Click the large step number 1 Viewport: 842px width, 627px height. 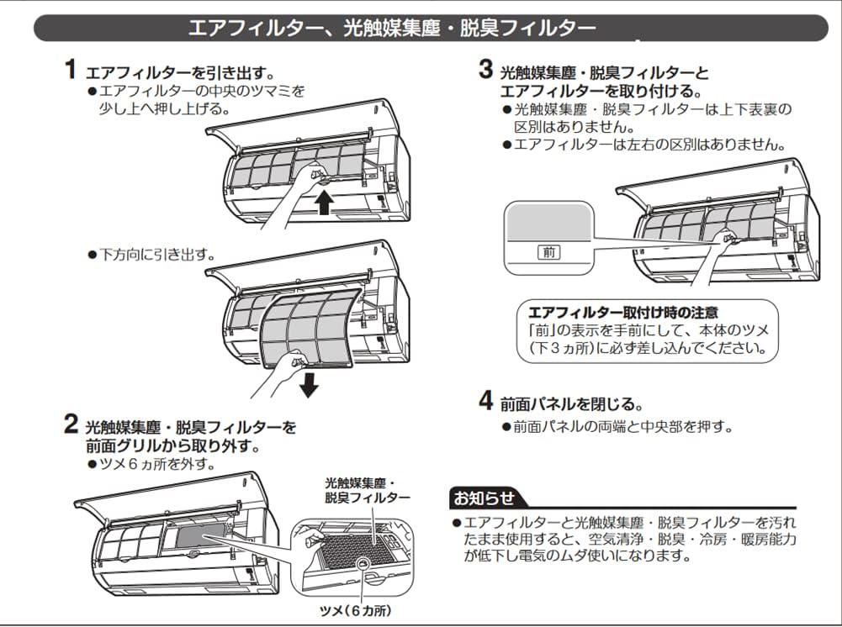(71, 69)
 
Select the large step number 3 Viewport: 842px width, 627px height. (486, 69)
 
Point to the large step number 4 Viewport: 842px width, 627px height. (486, 401)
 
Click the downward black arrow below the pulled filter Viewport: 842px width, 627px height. (309, 384)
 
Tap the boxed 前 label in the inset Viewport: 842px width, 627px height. (548, 251)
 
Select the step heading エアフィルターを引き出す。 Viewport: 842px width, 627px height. (181, 72)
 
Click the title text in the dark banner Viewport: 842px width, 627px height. (392, 28)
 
